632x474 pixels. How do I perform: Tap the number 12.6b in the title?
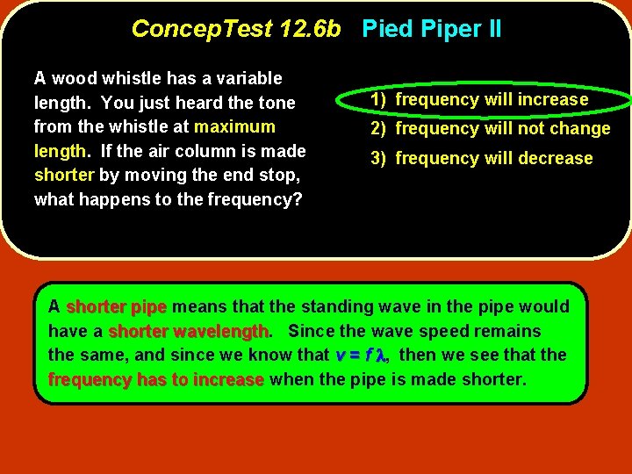coord(309,29)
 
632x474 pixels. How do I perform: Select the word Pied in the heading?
coord(388,29)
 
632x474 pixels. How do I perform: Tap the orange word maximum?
coord(234,126)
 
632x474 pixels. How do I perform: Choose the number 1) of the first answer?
coord(378,99)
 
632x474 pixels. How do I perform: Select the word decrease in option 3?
coord(556,159)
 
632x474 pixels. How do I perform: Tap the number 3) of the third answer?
coord(378,159)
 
